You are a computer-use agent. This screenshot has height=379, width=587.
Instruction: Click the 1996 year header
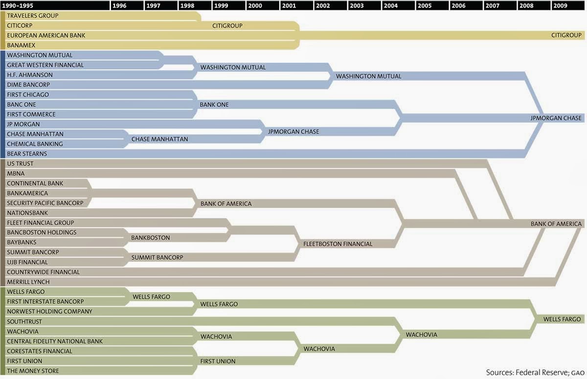(119, 6)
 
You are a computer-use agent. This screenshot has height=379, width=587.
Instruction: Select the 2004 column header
(391, 6)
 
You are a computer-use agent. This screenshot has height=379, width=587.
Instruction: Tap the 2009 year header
(560, 6)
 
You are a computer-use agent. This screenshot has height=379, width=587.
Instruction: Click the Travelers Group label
(33, 16)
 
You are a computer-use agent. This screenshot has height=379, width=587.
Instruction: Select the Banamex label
(21, 45)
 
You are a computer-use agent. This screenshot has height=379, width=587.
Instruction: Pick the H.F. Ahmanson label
(30, 75)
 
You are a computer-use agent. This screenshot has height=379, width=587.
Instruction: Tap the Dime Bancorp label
(28, 85)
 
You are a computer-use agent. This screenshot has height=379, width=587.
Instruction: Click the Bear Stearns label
(27, 154)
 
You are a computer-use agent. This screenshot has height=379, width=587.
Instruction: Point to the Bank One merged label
(214, 105)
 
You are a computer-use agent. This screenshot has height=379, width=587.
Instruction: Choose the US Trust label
(20, 164)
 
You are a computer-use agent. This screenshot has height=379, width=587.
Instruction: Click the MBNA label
(16, 173)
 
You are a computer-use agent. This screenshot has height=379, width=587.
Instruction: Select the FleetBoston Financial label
(338, 244)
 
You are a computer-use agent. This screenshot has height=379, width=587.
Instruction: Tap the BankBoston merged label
(150, 238)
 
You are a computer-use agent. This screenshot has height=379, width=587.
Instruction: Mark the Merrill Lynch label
(28, 282)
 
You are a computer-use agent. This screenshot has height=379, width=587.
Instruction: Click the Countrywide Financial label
(43, 272)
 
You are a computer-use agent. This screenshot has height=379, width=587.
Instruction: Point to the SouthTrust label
(24, 322)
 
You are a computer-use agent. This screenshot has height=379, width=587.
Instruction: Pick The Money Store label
(33, 371)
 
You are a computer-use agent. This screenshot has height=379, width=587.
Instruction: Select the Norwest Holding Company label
(49, 312)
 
